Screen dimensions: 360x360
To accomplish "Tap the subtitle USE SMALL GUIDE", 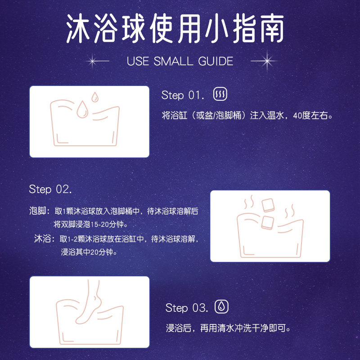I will [x=180, y=61].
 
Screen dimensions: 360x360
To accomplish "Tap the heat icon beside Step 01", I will [x=220, y=94].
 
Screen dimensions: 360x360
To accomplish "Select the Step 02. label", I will [x=50, y=189].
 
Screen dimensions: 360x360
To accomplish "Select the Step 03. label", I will [x=187, y=308].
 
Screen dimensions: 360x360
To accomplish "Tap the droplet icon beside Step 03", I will [x=221, y=307].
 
